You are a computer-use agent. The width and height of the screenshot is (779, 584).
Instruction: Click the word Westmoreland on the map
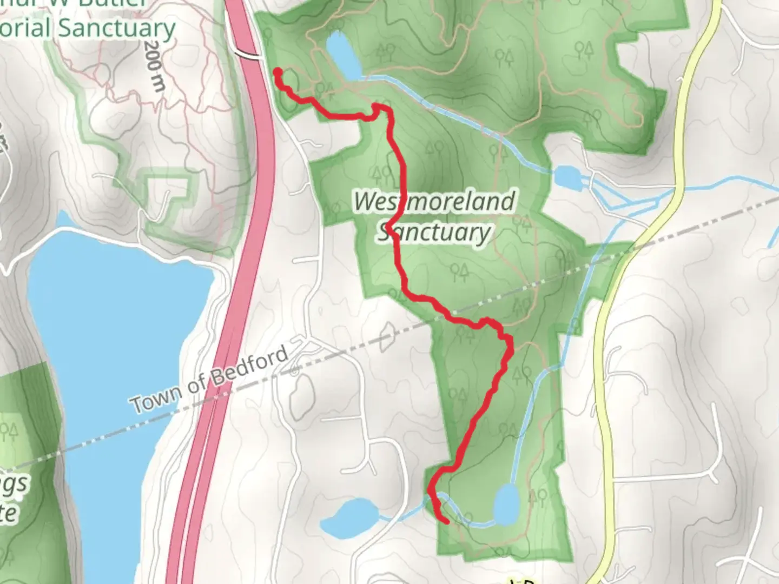(x=434, y=202)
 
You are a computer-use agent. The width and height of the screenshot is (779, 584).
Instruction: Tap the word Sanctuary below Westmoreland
(x=434, y=233)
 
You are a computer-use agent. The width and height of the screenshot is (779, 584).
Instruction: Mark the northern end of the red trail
(x=278, y=71)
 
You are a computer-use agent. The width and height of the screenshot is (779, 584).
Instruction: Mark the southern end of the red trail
(x=447, y=522)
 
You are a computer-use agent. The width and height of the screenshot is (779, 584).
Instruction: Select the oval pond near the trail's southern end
(x=506, y=504)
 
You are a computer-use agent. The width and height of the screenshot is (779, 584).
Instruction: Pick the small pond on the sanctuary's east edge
(x=567, y=175)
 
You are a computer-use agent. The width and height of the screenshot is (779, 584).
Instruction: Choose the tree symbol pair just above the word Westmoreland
(x=381, y=173)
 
